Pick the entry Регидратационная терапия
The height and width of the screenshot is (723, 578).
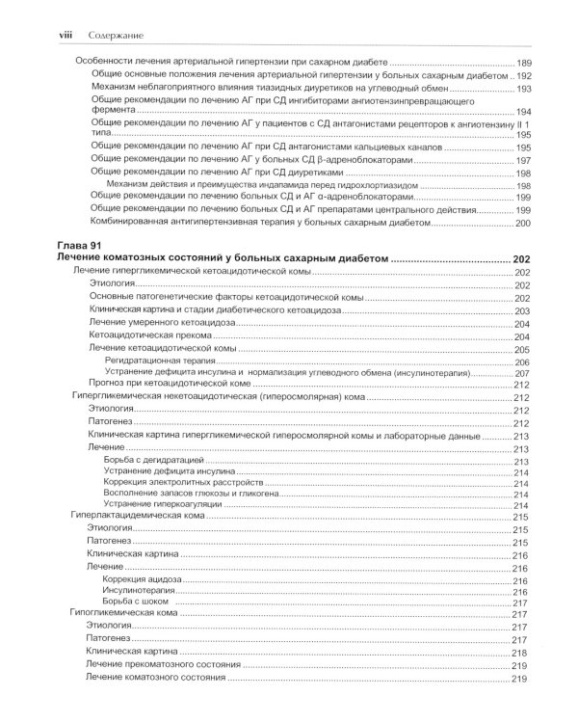[x=159, y=361]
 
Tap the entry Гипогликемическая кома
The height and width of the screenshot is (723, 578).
[x=126, y=614]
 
